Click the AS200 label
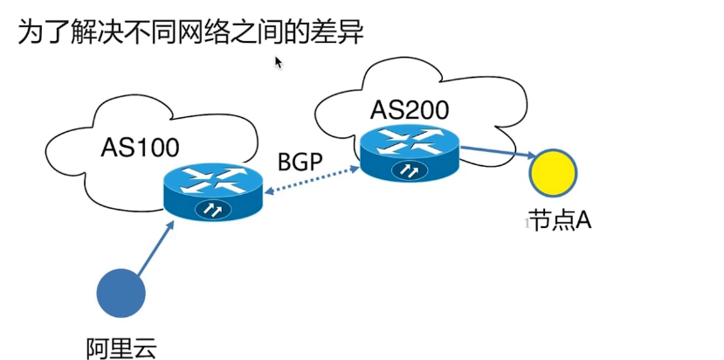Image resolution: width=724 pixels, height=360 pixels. [410, 109]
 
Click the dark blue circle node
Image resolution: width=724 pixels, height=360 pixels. [119, 293]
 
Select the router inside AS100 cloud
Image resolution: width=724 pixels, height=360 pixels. [213, 190]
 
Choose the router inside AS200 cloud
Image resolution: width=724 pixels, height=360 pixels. [410, 152]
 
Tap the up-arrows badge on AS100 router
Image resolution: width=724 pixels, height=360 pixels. [212, 210]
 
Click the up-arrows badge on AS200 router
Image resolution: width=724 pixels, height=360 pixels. [410, 170]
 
